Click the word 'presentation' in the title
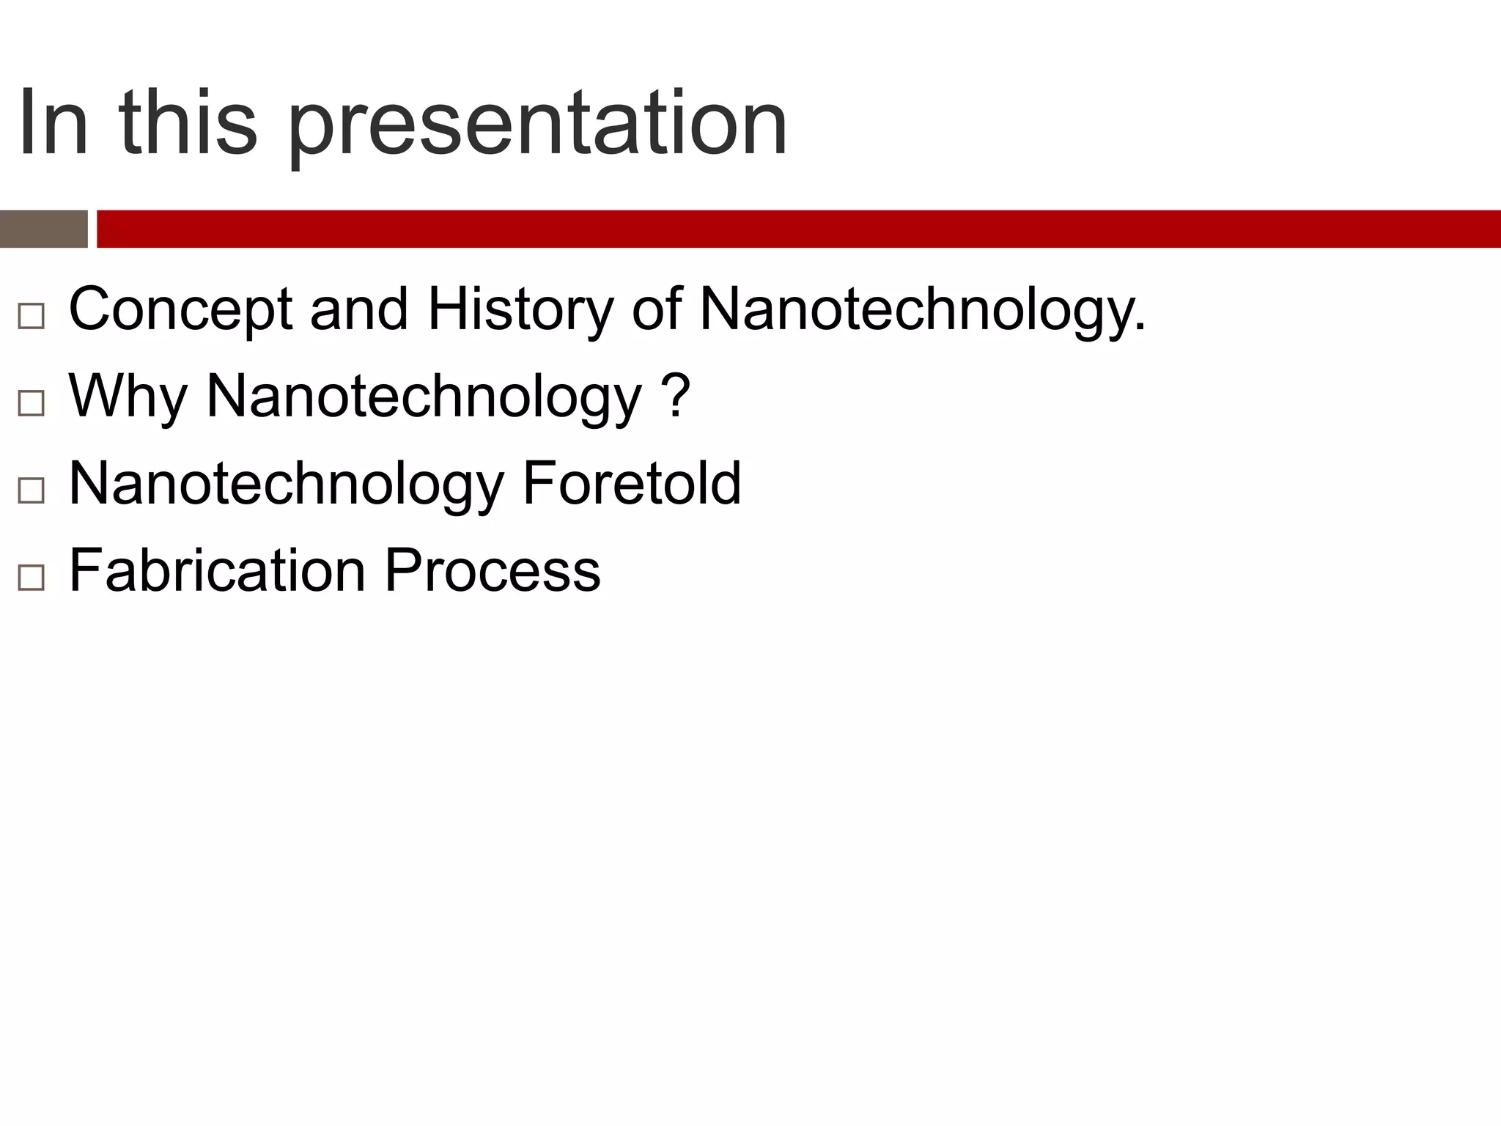(x=537, y=125)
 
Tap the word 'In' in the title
(x=53, y=122)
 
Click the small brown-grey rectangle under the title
(x=43, y=229)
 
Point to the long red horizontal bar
(x=797, y=229)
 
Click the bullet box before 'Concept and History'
(x=31, y=316)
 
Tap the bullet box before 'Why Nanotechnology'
(x=31, y=403)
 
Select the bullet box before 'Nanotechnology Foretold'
(x=31, y=490)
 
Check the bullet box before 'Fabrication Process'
(x=31, y=578)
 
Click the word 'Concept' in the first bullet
(x=180, y=309)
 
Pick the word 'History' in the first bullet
(x=520, y=309)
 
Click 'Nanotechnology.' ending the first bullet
(x=922, y=309)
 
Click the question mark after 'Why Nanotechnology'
(x=679, y=395)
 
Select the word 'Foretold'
(x=632, y=483)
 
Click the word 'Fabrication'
(x=217, y=570)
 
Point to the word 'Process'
(x=493, y=570)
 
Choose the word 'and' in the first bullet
(x=359, y=309)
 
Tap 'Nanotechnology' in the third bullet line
(x=286, y=484)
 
